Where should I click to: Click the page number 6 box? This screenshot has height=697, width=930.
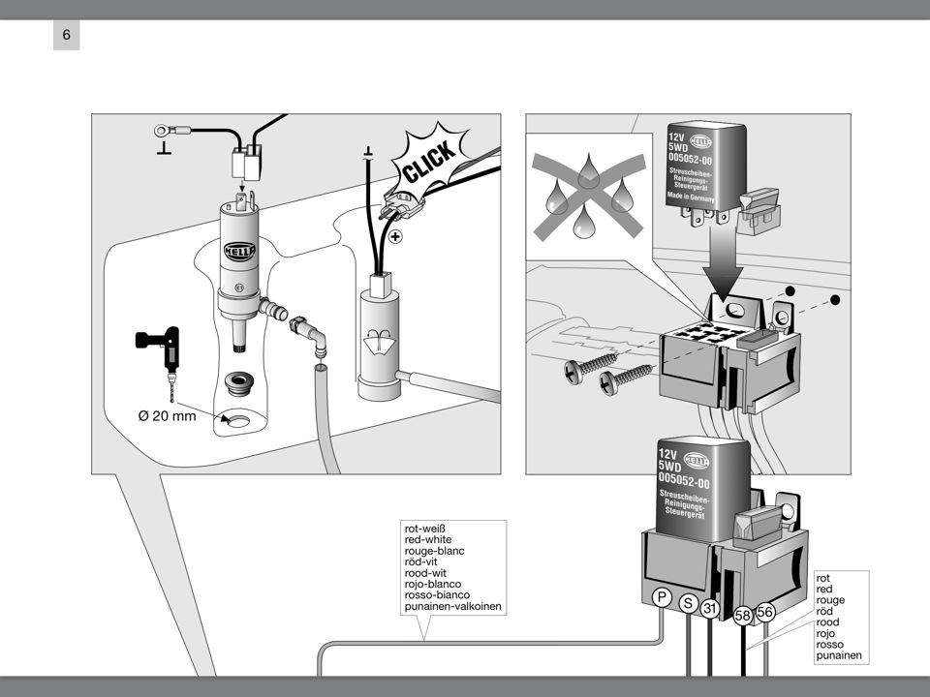66,36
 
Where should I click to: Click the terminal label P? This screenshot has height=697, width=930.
663,597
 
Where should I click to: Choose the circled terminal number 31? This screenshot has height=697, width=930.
711,609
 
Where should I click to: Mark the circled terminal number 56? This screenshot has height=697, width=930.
765,612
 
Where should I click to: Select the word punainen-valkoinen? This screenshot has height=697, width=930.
452,607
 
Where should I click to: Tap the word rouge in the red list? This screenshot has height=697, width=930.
830,600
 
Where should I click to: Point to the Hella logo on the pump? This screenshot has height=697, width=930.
239,251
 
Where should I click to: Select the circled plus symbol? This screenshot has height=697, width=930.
395,236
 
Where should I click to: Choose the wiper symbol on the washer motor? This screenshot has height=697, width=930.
381,342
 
